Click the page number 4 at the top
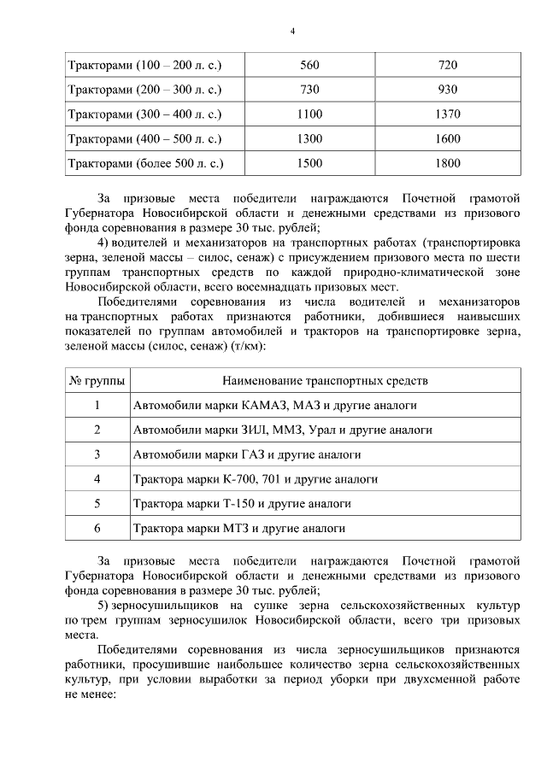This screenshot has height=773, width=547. point(291,32)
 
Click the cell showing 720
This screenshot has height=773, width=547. point(447,65)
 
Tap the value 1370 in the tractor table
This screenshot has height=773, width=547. point(447,114)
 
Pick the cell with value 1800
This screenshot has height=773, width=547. point(447,162)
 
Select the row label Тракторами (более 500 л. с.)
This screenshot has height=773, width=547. point(146,162)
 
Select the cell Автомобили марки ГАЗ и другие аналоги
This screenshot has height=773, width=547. point(246,454)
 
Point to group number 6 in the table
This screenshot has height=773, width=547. point(97,529)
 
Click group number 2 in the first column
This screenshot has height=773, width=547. point(97,430)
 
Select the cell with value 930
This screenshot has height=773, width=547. point(447,90)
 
